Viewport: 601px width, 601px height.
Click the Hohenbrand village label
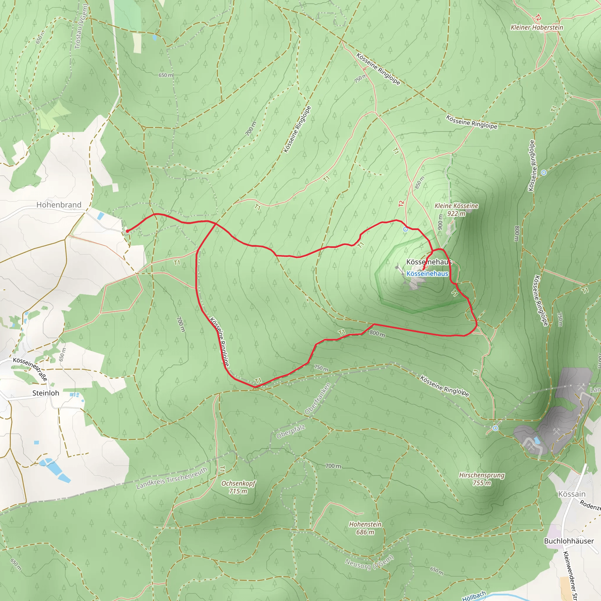[x=59, y=205]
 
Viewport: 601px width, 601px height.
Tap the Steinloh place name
[x=46, y=393]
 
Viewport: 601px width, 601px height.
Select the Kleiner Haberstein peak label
[x=537, y=27]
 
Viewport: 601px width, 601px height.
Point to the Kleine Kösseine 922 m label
[x=456, y=209]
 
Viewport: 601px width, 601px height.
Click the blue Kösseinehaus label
[x=427, y=274]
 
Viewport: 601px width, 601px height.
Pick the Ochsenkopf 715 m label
[x=238, y=487]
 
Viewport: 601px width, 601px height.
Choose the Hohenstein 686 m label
[x=365, y=528]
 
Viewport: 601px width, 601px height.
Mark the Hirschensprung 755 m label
[x=482, y=479]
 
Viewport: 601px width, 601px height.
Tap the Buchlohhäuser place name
[x=569, y=541]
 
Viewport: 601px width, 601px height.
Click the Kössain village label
[x=572, y=494]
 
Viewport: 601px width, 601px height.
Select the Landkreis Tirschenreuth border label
[x=172, y=478]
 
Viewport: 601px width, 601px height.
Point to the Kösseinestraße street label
[x=31, y=369]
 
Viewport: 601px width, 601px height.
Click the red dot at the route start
[x=127, y=231]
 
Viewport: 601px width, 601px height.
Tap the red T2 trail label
[x=401, y=204]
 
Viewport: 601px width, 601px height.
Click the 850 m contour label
[x=420, y=183]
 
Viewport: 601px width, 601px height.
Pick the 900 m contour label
[x=440, y=222]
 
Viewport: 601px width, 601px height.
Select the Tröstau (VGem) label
[x=82, y=26]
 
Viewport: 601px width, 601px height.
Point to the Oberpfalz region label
[x=291, y=432]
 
